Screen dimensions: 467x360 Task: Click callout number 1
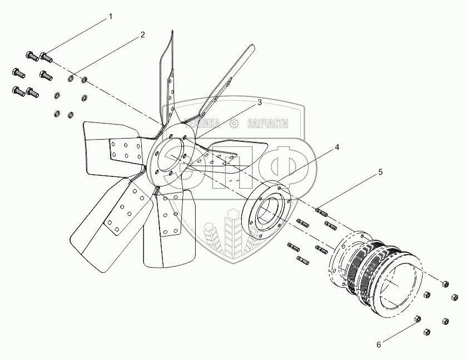pos(110,17)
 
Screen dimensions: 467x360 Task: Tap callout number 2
pos(142,34)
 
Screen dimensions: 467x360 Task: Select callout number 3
pos(259,102)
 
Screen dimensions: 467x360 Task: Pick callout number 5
pos(380,172)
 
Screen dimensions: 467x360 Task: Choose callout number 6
pos(379,344)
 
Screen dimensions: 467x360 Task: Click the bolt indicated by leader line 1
pos(46,56)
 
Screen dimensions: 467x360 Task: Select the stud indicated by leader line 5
pos(321,212)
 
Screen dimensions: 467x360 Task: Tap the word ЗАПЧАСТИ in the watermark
pos(267,125)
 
